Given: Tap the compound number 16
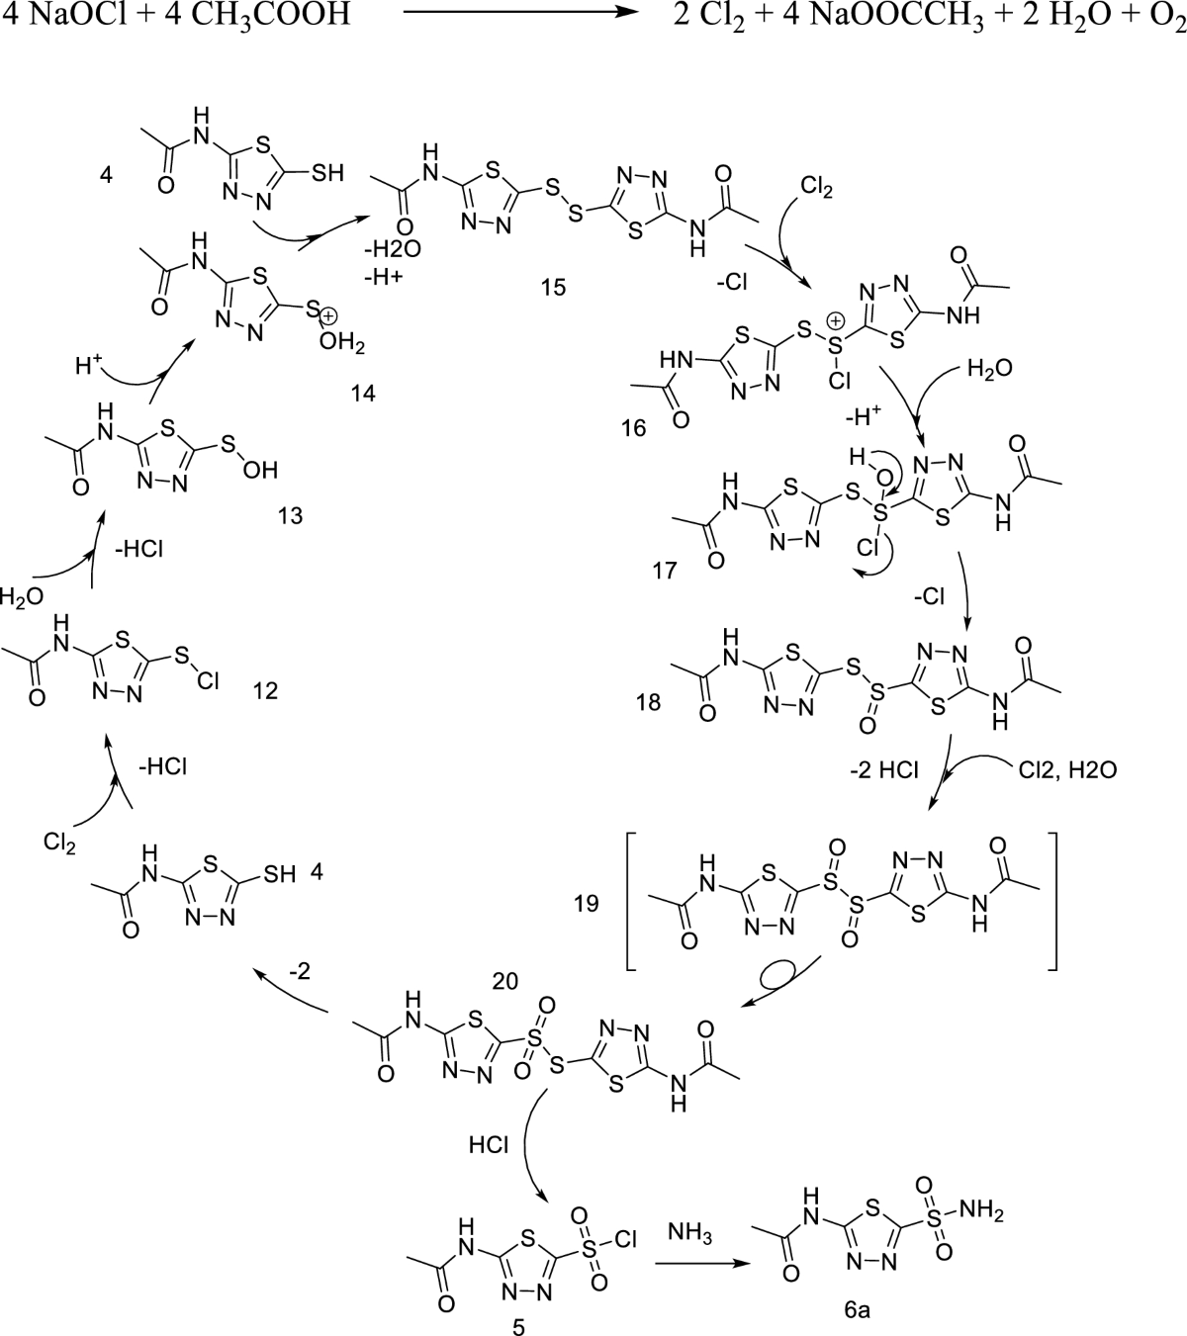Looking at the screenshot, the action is point(635,428).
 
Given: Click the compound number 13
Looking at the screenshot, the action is point(291,515).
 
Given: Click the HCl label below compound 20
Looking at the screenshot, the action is point(489,1144).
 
